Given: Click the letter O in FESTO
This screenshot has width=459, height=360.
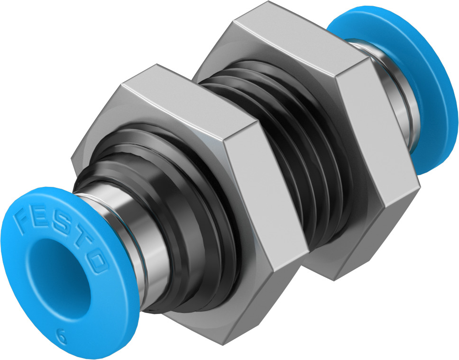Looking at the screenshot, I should pyautogui.click(x=98, y=262).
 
